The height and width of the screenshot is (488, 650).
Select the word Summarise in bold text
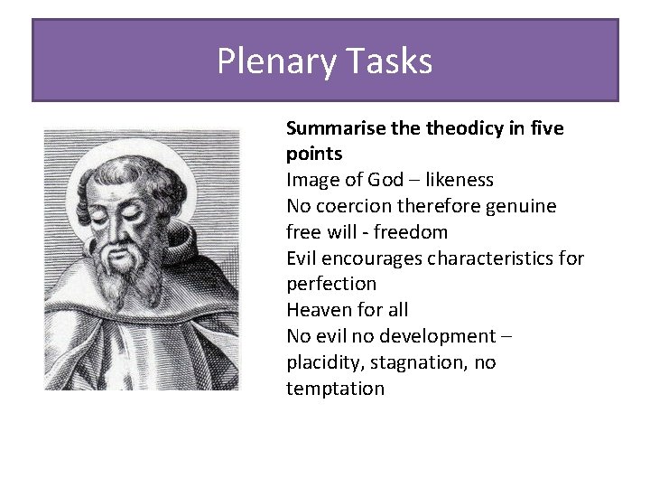pyautogui.click(x=334, y=128)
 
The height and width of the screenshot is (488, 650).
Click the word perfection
pyautogui.click(x=331, y=284)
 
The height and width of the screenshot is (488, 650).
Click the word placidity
pyautogui.click(x=328, y=362)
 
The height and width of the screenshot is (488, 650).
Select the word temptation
pyautogui.click(x=335, y=389)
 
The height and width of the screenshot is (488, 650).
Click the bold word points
pyautogui.click(x=314, y=155)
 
